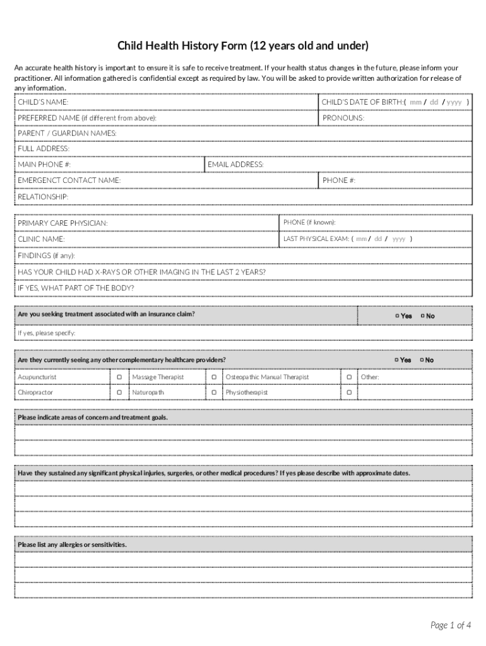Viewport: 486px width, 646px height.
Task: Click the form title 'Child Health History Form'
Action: click(x=243, y=47)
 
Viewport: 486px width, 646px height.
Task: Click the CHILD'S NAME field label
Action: click(x=43, y=102)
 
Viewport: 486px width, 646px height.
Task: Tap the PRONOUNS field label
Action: click(x=343, y=118)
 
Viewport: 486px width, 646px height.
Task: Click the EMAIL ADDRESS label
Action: click(x=235, y=165)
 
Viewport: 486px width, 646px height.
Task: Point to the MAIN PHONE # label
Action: click(x=44, y=165)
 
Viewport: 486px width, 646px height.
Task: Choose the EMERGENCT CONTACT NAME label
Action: click(x=69, y=180)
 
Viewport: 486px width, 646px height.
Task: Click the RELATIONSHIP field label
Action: click(x=43, y=197)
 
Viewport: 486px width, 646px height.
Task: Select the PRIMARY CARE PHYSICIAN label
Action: click(x=62, y=223)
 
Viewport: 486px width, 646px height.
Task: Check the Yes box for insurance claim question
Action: click(x=397, y=316)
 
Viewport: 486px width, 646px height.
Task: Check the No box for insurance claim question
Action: click(x=422, y=316)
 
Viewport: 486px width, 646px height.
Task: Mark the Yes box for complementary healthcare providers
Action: click(x=397, y=360)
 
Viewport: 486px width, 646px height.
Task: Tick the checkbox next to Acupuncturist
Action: click(x=119, y=377)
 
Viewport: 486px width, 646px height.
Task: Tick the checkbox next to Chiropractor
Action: click(x=119, y=392)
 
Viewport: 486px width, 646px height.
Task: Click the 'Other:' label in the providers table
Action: click(x=370, y=377)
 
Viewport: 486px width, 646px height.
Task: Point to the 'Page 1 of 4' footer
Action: click(x=451, y=625)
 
